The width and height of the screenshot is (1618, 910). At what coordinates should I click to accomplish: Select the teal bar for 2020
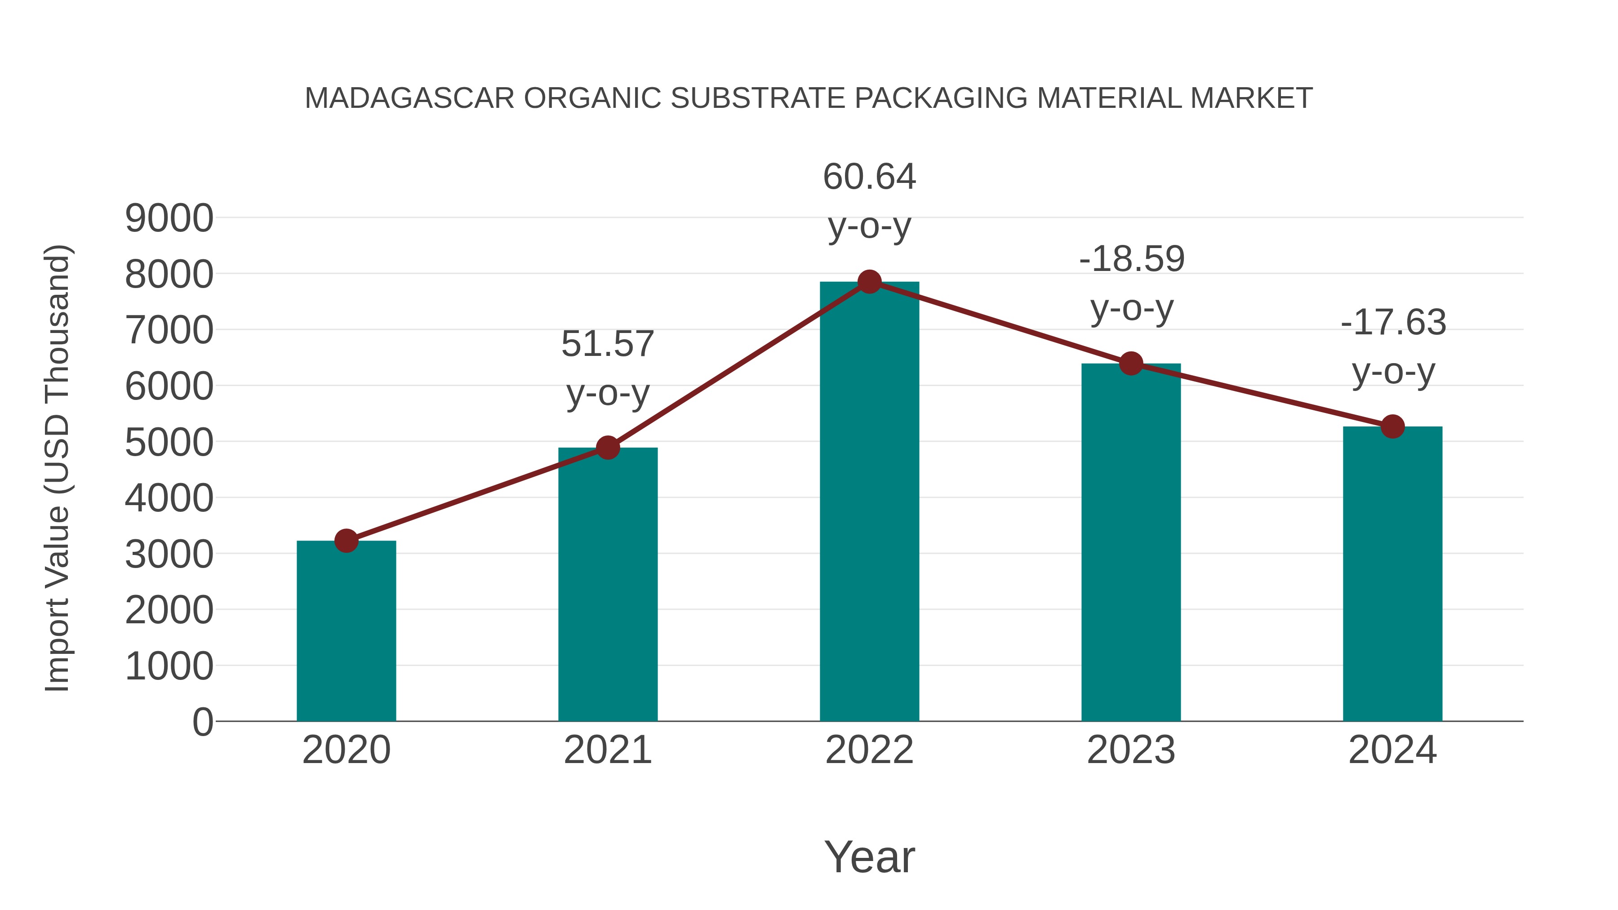tap(346, 631)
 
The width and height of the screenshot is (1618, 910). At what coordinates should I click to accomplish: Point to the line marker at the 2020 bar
tap(346, 541)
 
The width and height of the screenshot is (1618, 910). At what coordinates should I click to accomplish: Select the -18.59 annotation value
tap(1131, 259)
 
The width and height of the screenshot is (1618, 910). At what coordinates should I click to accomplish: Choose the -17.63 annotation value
tap(1393, 322)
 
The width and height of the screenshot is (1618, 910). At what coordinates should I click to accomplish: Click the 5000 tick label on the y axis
tap(169, 443)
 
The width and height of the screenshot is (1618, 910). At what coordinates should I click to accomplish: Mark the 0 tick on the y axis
tap(202, 722)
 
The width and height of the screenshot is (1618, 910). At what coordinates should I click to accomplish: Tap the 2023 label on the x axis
tap(1131, 750)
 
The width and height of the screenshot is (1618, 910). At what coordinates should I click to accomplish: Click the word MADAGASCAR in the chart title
tap(409, 98)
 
